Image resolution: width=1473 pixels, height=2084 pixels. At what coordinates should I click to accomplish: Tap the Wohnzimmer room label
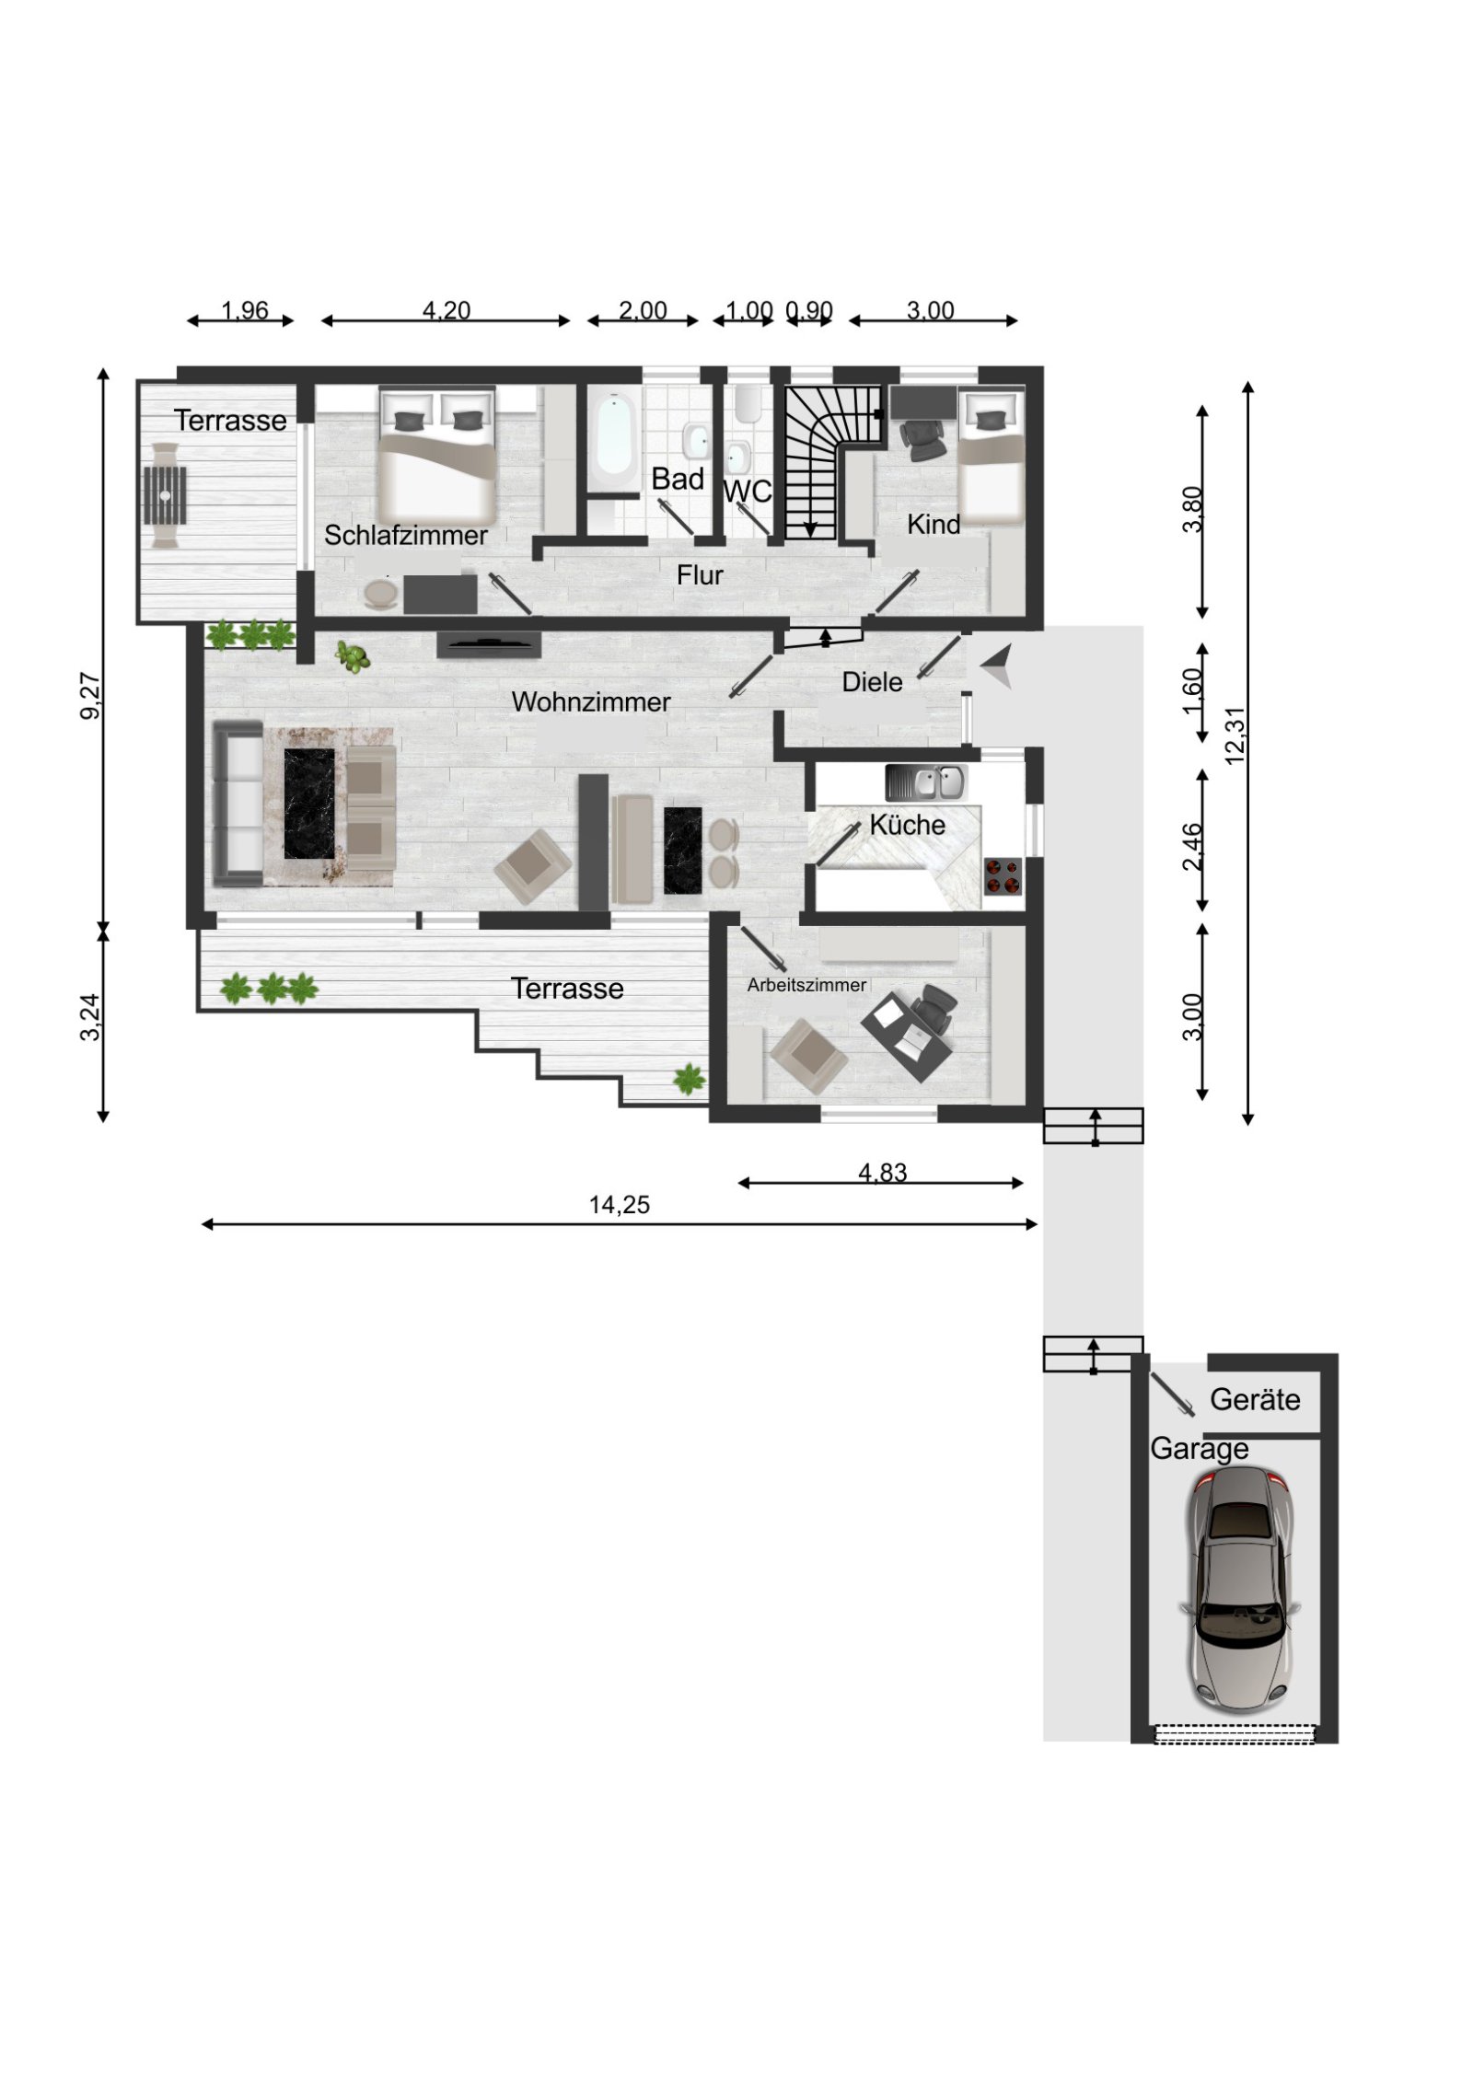[590, 701]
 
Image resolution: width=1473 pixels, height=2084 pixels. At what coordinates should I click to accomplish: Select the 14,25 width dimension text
[619, 1204]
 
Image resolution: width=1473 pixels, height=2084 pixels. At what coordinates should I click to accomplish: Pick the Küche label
[906, 825]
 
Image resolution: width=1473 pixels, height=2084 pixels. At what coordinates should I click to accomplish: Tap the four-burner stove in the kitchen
[1002, 875]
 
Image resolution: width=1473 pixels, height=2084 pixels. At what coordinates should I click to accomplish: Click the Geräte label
[1254, 1399]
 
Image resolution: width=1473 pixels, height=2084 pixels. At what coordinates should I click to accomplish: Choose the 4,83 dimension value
[882, 1172]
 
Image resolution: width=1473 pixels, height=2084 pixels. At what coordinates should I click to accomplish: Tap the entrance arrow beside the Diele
[997, 666]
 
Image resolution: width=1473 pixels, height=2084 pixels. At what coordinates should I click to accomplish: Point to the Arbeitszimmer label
[806, 985]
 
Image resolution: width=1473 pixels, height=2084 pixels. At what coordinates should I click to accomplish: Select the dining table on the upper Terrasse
[165, 495]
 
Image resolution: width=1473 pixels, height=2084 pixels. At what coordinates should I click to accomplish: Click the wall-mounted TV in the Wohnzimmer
[488, 644]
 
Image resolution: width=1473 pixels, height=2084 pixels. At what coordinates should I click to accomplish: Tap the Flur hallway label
[699, 575]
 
